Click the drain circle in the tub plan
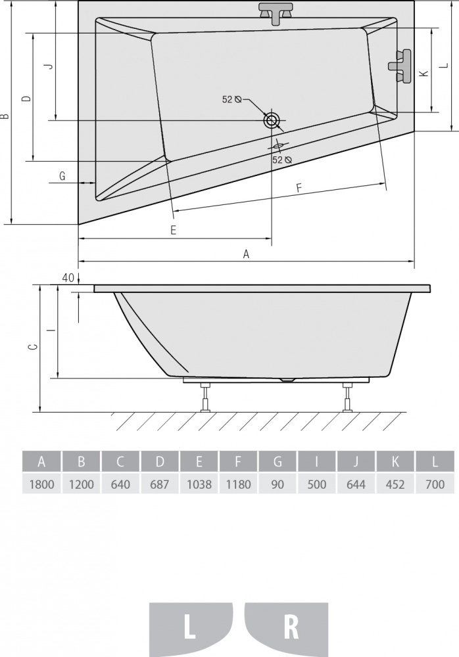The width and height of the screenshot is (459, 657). [x=272, y=120]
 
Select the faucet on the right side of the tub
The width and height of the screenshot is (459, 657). [x=400, y=66]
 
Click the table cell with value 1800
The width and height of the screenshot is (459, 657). [x=41, y=484]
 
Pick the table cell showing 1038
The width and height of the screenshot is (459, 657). [x=199, y=484]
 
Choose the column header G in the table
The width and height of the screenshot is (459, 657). [x=278, y=462]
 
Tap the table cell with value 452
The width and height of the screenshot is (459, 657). [x=396, y=484]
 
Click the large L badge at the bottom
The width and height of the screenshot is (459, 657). [x=191, y=626]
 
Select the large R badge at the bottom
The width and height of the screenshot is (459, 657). [x=286, y=626]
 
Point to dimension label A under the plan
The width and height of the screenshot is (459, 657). [x=247, y=254]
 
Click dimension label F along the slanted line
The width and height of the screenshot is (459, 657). [x=299, y=188]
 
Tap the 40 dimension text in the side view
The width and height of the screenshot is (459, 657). [x=68, y=277]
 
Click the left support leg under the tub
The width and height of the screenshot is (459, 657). [x=205, y=397]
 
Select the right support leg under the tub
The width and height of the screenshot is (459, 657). [x=347, y=397]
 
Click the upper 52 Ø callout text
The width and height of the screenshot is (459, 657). [x=232, y=99]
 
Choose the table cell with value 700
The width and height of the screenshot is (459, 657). [x=435, y=484]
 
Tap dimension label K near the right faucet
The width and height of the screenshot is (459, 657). [x=424, y=73]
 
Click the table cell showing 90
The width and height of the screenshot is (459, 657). [x=278, y=484]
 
